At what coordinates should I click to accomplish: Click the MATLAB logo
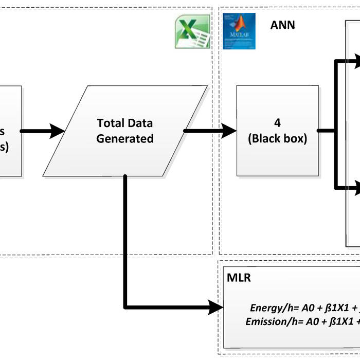pos(239,31)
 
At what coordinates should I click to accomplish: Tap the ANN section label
pos(283,24)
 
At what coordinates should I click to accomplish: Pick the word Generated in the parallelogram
pos(125,139)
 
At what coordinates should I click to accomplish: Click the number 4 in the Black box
pos(277,123)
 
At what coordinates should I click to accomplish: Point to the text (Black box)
pos(277,138)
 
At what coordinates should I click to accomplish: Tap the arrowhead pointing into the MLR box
pos(217,308)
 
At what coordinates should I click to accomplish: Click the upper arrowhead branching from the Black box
pos(354,61)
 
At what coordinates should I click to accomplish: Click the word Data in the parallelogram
pos(140,123)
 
